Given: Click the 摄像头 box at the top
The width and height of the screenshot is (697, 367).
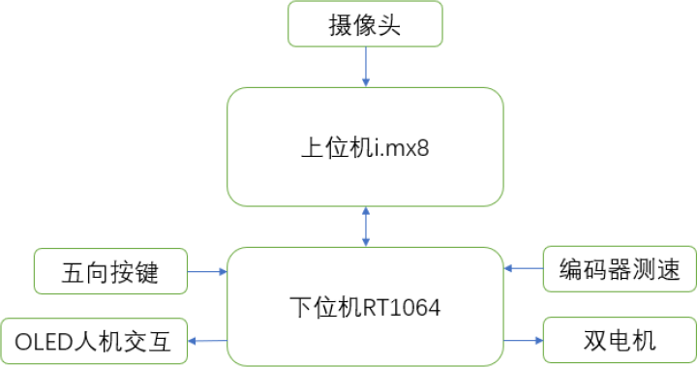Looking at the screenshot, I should point(365,24).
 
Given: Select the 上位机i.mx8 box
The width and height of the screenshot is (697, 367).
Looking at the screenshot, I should point(365,146).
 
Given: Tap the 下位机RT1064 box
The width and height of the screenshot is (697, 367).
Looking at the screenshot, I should point(365,306).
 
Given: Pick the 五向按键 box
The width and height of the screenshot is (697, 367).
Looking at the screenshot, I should point(109,271).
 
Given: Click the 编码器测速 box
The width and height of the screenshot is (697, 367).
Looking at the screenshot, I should point(620,268).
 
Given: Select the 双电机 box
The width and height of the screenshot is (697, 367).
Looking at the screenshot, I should point(620,341).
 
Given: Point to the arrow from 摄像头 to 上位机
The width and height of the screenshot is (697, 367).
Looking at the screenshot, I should point(365,67).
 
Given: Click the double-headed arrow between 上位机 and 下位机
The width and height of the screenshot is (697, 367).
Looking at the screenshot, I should point(365,226).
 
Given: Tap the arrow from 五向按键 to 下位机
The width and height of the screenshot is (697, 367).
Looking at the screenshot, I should point(206,271).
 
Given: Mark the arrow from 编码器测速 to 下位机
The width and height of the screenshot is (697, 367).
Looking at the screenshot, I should point(524,268).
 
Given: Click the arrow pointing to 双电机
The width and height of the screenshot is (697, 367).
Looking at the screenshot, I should point(524,341).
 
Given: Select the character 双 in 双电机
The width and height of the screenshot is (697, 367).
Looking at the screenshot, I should point(595,341).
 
